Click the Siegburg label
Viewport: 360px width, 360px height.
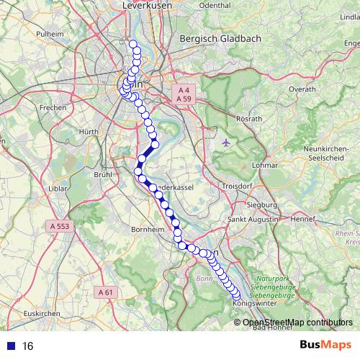[262, 204]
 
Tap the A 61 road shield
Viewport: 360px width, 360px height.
[105, 292]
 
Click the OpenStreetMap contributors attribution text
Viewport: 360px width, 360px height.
[297, 322]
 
